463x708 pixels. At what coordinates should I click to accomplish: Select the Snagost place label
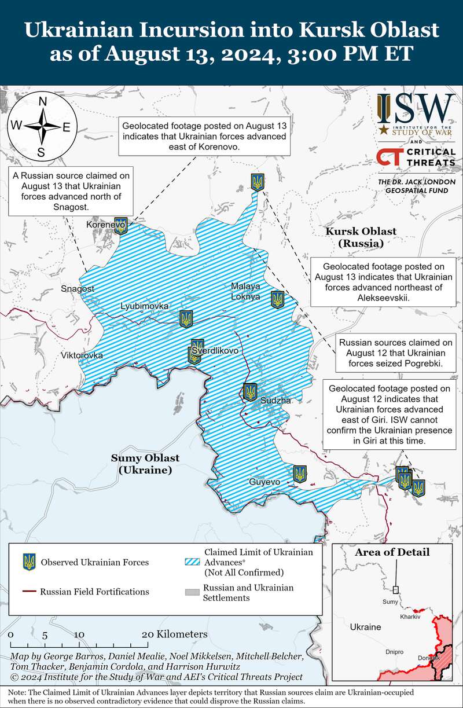point(77,288)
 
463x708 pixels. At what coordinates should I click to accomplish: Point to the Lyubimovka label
point(145,306)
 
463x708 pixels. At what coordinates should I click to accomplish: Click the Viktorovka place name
point(82,355)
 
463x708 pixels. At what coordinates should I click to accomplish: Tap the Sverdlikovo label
point(215,351)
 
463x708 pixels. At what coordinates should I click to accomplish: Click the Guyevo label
point(264,482)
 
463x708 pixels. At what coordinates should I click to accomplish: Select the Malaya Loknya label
point(245,291)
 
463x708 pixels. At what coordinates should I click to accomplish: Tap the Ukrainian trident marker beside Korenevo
point(120,226)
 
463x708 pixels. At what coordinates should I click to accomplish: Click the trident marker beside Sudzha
point(250,392)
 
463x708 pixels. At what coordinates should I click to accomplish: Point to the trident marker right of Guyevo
point(299,474)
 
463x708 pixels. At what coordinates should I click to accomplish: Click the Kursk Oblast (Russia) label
point(361,237)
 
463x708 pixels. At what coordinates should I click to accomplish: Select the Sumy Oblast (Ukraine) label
point(145,464)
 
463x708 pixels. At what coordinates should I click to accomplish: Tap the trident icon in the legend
point(28,562)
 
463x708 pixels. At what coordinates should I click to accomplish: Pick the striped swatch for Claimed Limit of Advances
point(191,562)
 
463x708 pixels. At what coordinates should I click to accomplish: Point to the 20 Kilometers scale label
point(174,634)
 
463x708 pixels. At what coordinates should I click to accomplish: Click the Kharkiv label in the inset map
point(410,617)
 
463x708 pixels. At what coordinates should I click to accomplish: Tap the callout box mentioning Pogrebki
point(391,354)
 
